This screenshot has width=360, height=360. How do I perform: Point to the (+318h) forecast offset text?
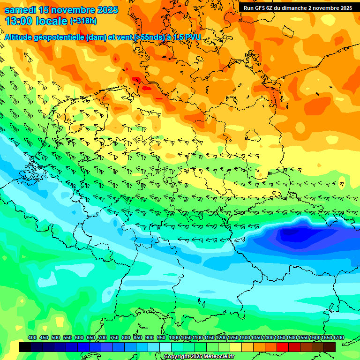[83, 21]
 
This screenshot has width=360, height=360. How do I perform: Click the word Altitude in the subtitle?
[21, 37]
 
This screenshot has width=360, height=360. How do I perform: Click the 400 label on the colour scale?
[32, 337]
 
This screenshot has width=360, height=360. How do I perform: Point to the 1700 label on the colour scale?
[339, 337]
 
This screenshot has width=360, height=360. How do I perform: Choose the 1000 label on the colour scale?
[174, 337]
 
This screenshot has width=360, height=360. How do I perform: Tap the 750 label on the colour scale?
[114, 337]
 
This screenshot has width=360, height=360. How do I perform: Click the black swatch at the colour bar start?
[25, 347]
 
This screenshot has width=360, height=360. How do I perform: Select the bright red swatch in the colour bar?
[283, 347]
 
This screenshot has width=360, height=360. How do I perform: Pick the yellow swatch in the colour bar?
[236, 347]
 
